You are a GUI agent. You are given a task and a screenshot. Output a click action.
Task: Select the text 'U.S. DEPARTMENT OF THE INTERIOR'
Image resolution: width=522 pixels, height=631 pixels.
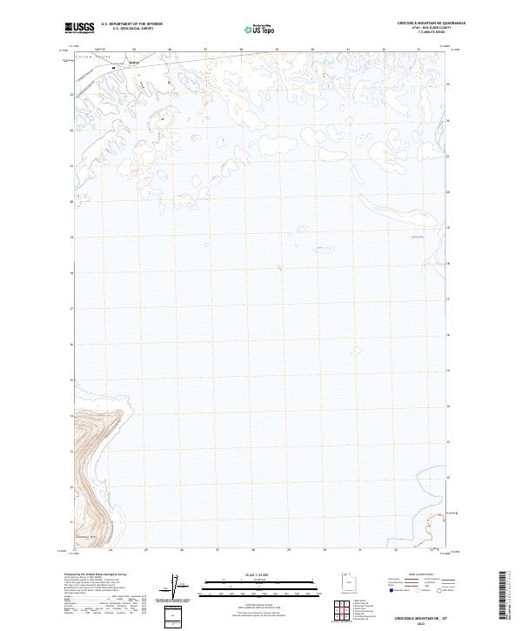coord(131,24)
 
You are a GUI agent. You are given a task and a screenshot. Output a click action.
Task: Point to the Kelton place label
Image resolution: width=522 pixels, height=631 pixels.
coord(133,62)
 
